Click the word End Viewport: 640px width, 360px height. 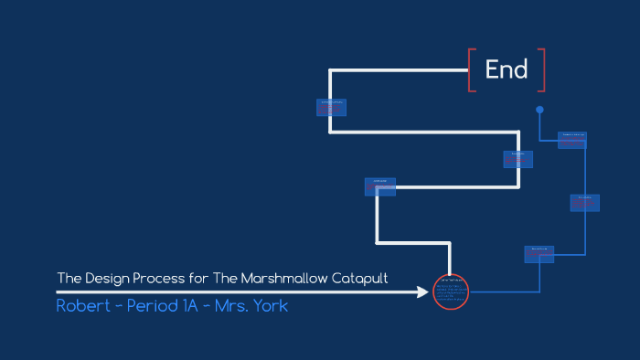point(507,69)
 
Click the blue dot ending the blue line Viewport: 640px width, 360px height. point(539,110)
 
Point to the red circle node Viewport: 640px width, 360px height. point(450,291)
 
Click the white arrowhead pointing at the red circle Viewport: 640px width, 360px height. point(421,292)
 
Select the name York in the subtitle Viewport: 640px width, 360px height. point(268,305)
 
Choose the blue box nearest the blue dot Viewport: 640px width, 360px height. point(572,140)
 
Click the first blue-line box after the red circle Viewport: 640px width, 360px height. point(539,254)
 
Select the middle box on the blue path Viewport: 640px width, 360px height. point(585,203)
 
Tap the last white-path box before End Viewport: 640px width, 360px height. point(331,107)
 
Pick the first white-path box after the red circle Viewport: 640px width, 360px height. point(379,186)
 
